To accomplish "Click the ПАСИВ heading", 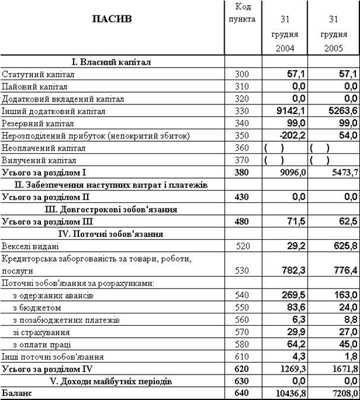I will click(x=112, y=19).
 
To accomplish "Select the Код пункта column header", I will click(x=241, y=13).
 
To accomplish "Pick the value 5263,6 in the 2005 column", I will click(x=341, y=111).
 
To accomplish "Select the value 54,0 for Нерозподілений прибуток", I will click(x=346, y=136).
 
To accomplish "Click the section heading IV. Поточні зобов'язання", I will click(x=113, y=234).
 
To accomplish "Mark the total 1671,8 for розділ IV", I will click(x=341, y=369).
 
